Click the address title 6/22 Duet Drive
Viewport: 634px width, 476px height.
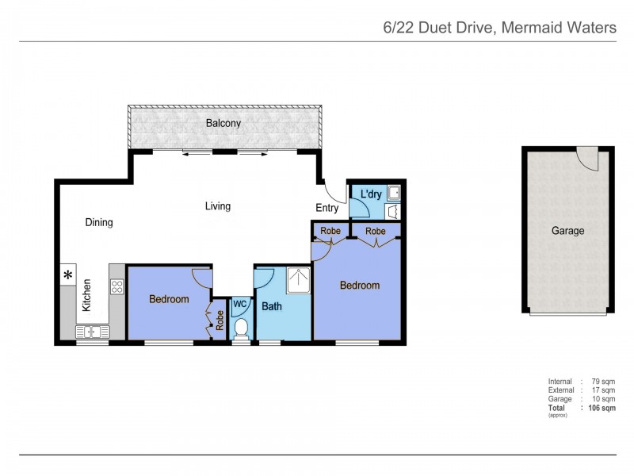[498, 28]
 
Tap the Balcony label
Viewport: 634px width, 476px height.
[223, 124]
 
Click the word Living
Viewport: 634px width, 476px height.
[218, 206]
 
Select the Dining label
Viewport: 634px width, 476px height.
[99, 223]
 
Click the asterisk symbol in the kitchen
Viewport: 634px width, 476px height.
[68, 276]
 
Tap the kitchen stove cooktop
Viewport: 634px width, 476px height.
[117, 286]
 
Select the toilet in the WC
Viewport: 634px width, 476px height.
[241, 328]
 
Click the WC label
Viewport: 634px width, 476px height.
[240, 304]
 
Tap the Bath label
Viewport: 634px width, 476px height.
[272, 306]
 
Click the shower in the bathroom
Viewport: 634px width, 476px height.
[298, 278]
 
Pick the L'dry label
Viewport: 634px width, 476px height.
[372, 194]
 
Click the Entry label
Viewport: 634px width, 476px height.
[327, 209]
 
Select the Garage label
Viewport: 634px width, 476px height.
[567, 231]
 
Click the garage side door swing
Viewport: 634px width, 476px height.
[588, 159]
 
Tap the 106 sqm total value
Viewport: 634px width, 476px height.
[602, 409]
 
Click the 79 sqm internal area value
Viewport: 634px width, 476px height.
[603, 382]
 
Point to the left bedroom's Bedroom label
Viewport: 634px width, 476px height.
[169, 299]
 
